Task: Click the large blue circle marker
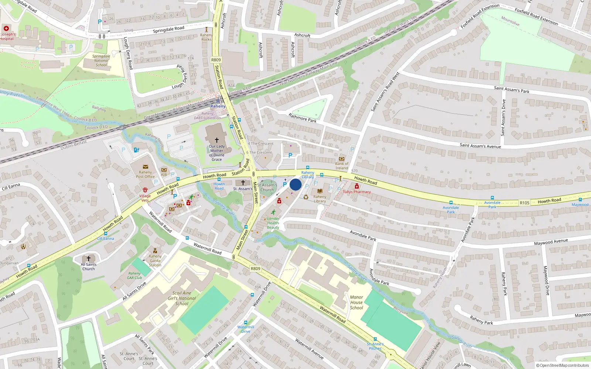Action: (x=295, y=184)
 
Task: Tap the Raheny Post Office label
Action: (x=145, y=174)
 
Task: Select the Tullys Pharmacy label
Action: (x=356, y=192)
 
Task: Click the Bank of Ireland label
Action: (x=342, y=166)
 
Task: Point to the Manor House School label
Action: (x=356, y=302)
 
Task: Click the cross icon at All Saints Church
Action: (x=88, y=258)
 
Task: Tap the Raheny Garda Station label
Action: (x=155, y=261)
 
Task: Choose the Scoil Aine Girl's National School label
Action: (x=182, y=298)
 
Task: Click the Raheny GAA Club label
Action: (x=134, y=275)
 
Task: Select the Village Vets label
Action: (x=145, y=198)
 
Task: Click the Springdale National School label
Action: (x=101, y=61)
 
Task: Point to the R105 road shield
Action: (x=524, y=203)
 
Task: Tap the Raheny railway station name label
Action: (x=218, y=106)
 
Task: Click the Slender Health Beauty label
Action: (x=273, y=223)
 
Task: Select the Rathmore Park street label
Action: (x=302, y=118)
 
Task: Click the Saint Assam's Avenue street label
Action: (x=480, y=146)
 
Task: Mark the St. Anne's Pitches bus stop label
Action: (x=375, y=346)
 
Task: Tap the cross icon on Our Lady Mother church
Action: (x=217, y=140)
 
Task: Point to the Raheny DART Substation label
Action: (x=208, y=116)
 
